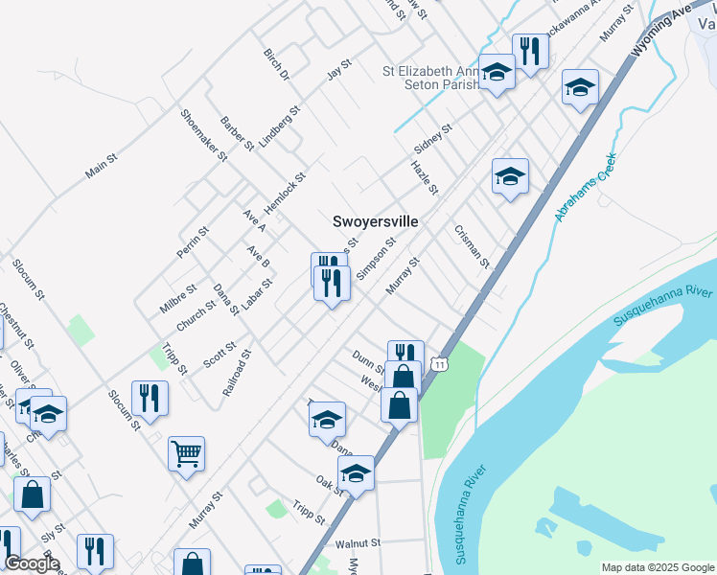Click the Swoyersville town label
point(375,220)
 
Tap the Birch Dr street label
point(275,62)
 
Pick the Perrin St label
point(192,243)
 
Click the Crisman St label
point(473,246)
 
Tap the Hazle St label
point(424,177)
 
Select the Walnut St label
point(358,542)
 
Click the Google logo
point(32,564)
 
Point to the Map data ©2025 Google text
point(657,567)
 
